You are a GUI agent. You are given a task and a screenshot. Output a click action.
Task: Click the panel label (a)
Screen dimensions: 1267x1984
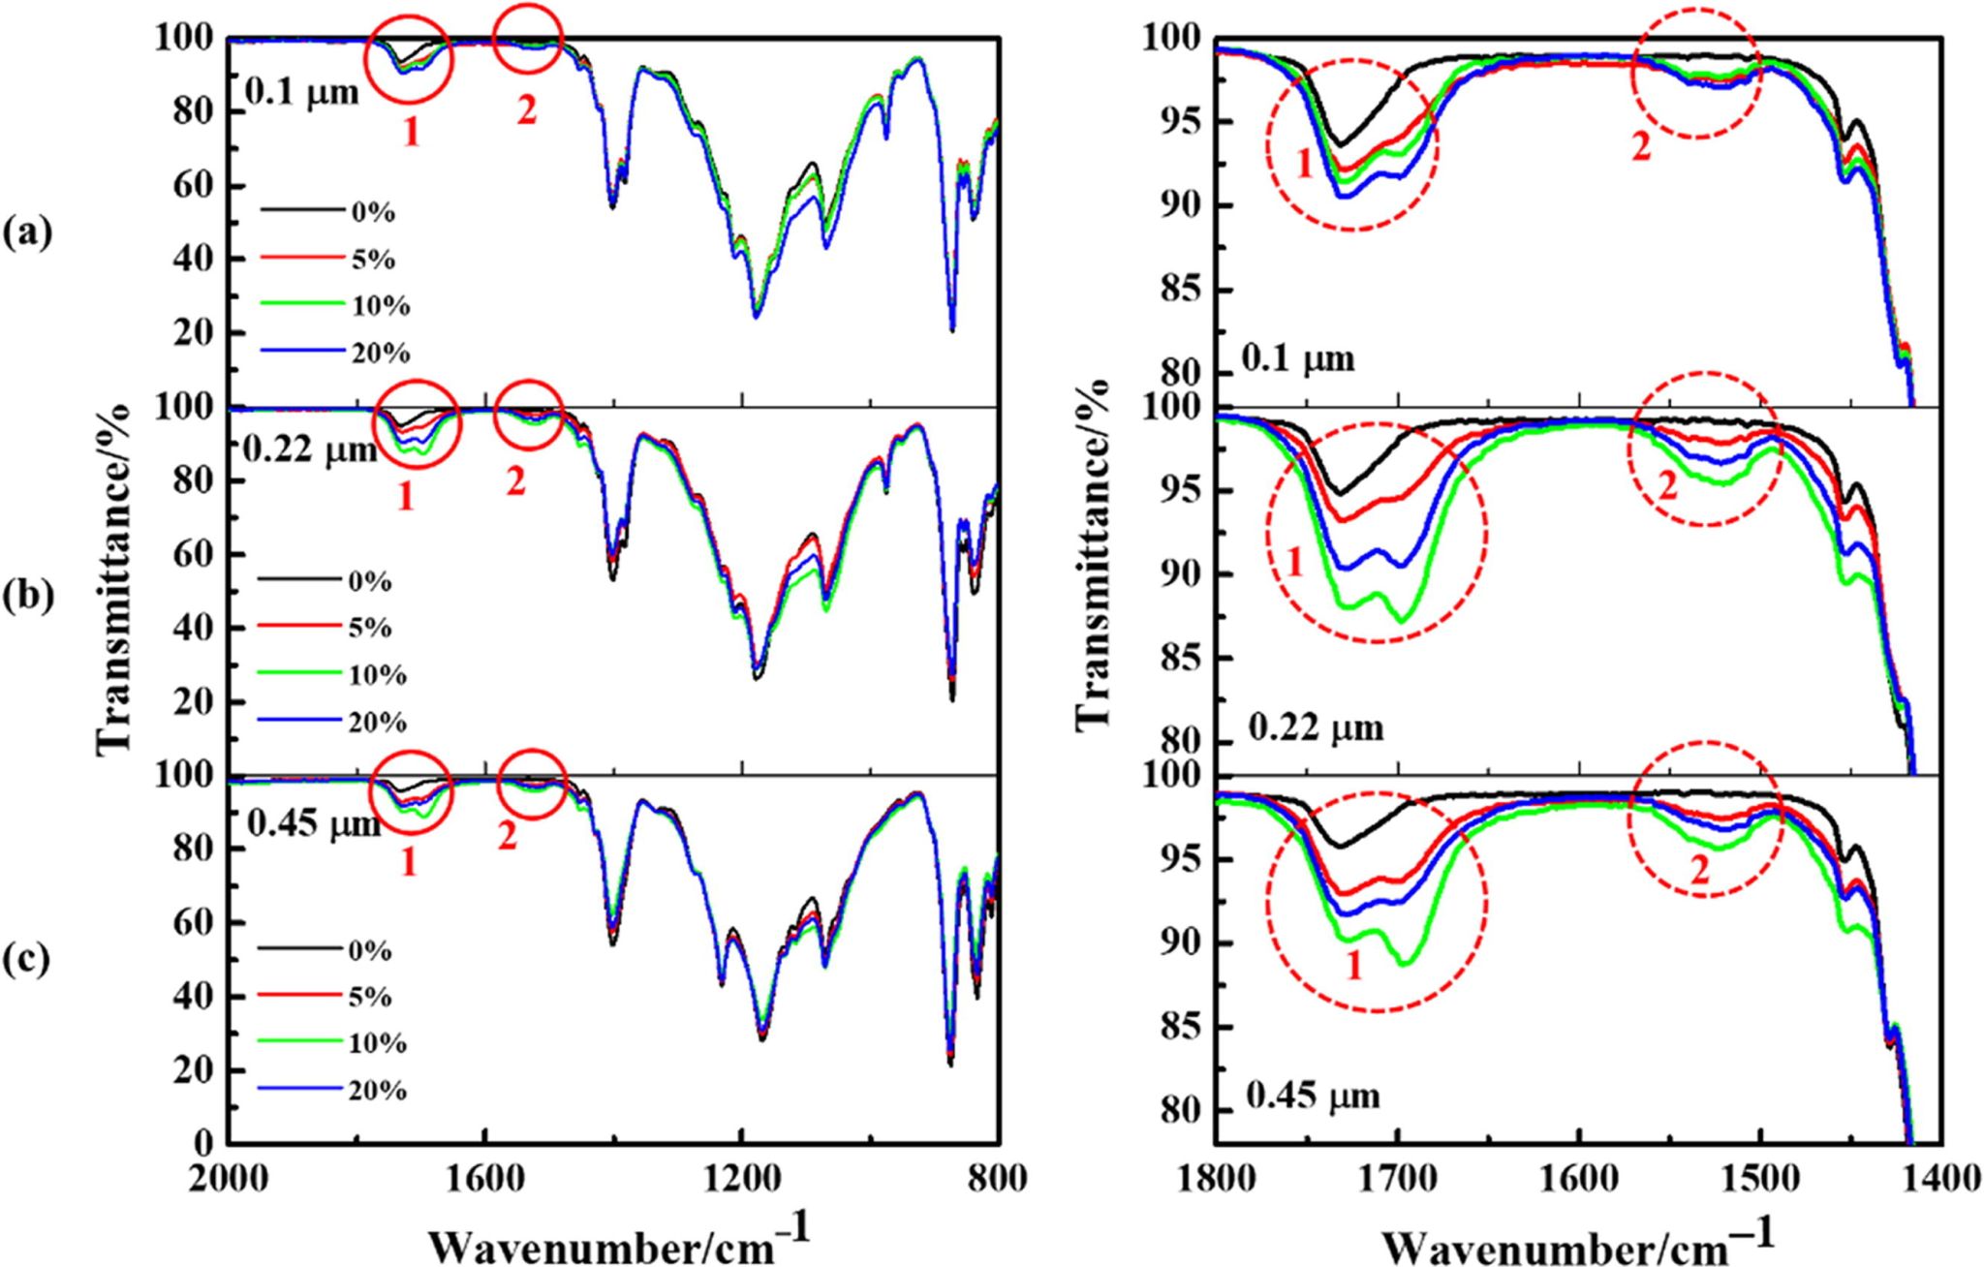pos(26,232)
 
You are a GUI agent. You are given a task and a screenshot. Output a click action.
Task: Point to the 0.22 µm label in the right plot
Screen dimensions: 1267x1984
pos(1316,727)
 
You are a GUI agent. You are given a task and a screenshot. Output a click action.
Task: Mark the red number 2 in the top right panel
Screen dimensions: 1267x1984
pos(1640,147)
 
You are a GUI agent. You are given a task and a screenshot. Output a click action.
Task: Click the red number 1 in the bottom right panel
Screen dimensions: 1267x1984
pos(1354,964)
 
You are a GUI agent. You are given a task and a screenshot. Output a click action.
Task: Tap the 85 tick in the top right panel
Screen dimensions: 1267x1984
pos(1174,290)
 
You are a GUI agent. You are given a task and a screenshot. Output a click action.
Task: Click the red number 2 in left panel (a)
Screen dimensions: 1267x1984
pos(526,111)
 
